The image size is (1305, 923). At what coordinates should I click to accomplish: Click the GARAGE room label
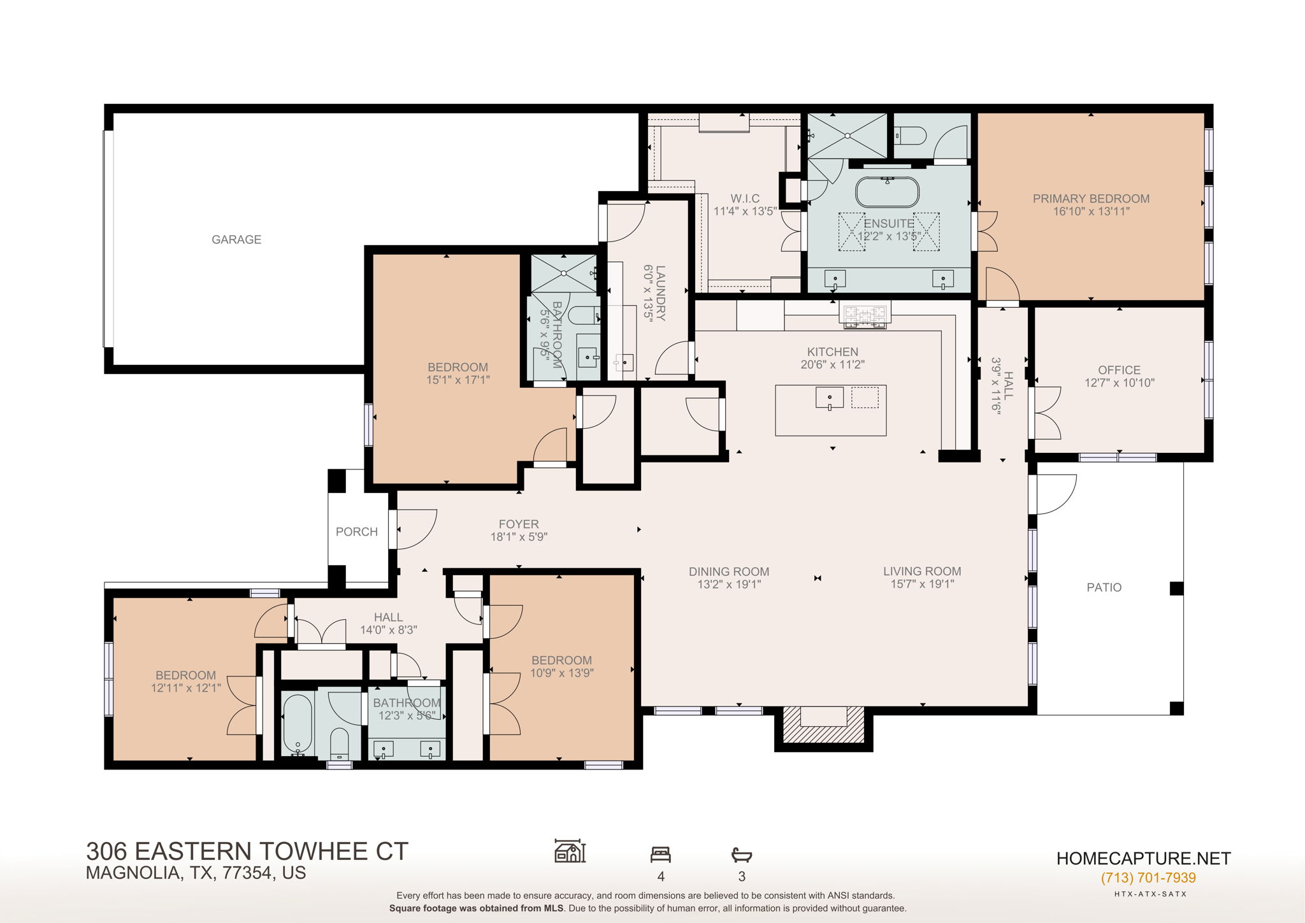tap(236, 240)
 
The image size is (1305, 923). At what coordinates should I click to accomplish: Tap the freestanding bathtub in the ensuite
tap(887, 192)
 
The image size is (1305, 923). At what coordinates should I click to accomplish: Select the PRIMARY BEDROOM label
tap(1091, 199)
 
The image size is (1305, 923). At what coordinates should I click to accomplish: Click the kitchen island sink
tap(829, 398)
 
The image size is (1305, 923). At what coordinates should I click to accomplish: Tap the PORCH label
tap(357, 532)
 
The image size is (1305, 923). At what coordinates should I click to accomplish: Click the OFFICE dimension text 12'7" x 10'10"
tap(1120, 383)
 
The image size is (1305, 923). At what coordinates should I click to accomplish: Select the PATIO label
tap(1104, 587)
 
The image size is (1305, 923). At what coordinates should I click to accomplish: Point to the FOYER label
tap(519, 524)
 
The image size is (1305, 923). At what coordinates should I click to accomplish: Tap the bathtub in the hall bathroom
tap(297, 724)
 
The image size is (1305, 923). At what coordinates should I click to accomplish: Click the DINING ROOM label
tap(728, 571)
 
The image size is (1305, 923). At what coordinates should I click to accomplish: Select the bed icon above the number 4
tap(660, 854)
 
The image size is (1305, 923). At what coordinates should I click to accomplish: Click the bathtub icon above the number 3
tap(742, 854)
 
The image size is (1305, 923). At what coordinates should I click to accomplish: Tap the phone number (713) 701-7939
tap(1148, 878)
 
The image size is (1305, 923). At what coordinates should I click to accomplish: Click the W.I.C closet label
tap(745, 199)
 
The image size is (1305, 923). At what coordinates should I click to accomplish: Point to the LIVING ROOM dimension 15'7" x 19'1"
tap(922, 584)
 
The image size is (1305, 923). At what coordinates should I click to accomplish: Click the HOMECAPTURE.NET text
tap(1143, 859)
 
